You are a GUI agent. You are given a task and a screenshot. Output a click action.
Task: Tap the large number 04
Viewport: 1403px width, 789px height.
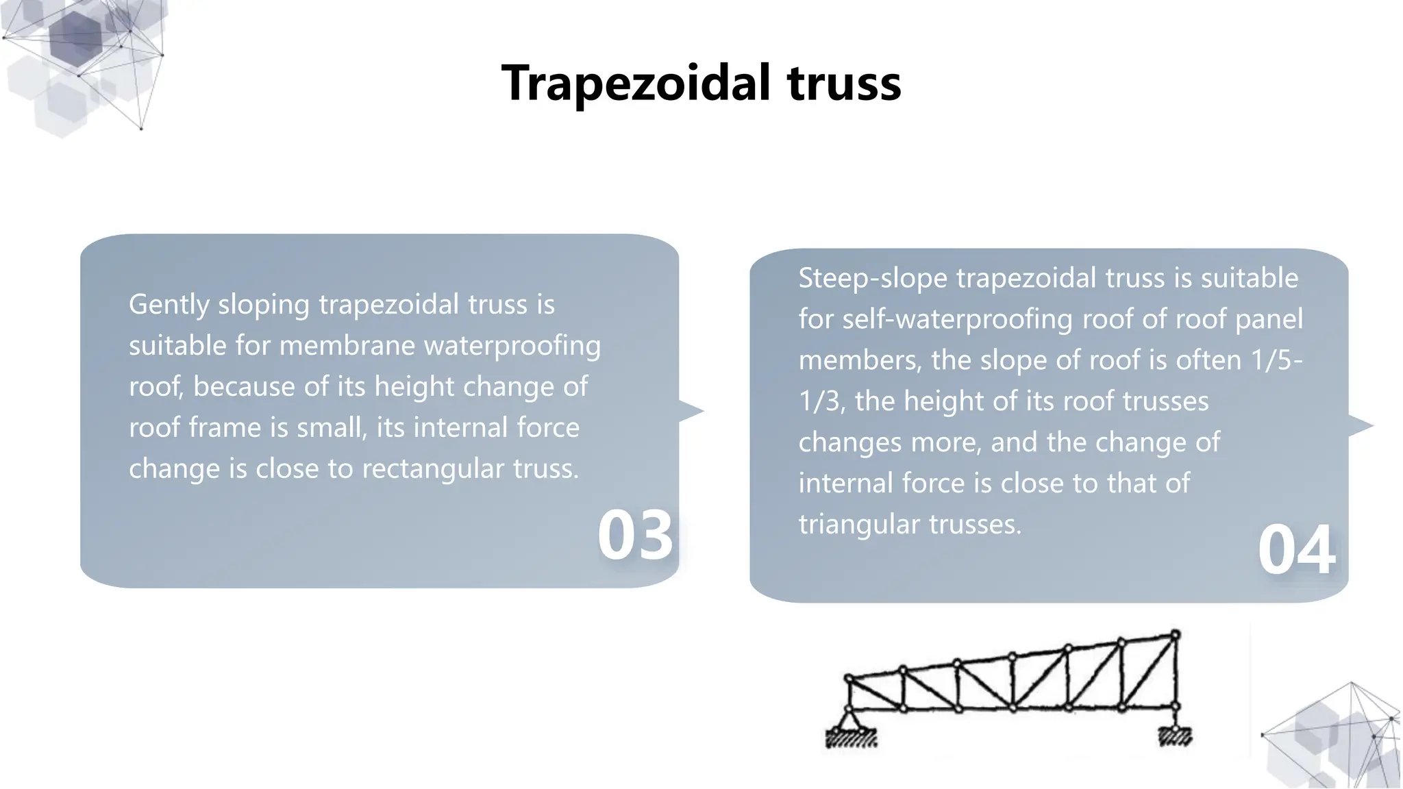[x=1296, y=550]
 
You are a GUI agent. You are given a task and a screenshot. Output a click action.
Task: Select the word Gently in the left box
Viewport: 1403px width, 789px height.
[x=169, y=305]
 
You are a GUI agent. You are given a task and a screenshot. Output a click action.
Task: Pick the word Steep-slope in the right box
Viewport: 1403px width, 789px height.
[x=872, y=279]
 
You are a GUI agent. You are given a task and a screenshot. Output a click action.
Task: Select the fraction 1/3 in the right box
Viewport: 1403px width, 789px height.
[x=819, y=401]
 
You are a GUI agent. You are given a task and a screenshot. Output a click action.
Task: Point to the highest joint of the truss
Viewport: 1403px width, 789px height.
[x=1175, y=635]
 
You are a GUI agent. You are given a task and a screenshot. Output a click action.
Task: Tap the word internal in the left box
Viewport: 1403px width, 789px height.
[x=461, y=428]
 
